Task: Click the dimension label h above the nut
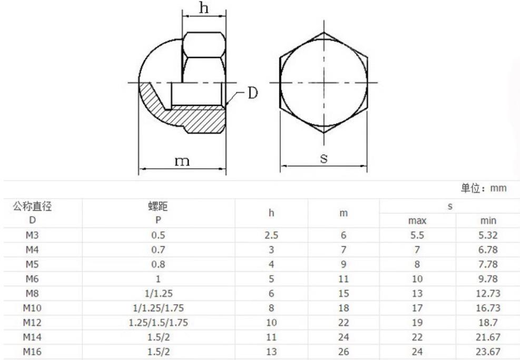[204, 7]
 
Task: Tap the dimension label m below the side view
[182, 161]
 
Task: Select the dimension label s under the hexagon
[324, 158]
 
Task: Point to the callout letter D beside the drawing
[253, 93]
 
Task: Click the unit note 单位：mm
[484, 188]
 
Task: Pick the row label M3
[32, 235]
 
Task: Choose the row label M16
[32, 352]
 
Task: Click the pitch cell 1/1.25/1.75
[158, 308]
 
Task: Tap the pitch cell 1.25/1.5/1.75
[158, 323]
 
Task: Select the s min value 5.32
[488, 235]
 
